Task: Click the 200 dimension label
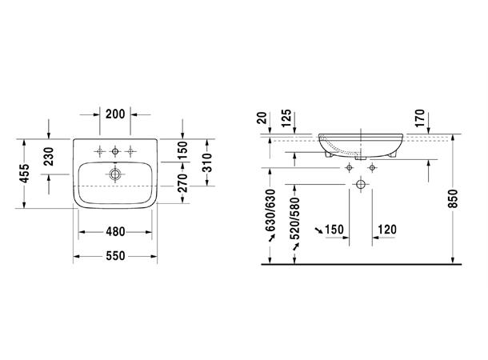[115, 114]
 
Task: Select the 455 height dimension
[24, 174]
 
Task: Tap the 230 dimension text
[49, 157]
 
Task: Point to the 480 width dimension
[115, 232]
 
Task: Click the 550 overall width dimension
[115, 256]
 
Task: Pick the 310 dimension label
[207, 162]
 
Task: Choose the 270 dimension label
[182, 182]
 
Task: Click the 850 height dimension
[454, 199]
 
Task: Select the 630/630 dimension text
[271, 210]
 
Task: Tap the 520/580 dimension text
[295, 218]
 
